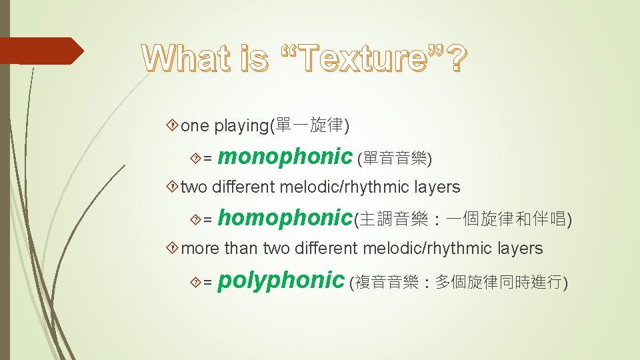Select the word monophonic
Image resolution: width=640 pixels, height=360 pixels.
[285, 157]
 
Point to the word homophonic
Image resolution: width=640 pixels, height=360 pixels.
[285, 218]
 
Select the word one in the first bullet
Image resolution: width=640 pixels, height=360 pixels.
[195, 126]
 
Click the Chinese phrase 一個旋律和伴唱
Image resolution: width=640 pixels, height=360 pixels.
[506, 219]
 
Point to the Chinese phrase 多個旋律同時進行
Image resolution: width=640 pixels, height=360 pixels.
[498, 283]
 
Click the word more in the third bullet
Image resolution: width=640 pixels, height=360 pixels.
[201, 249]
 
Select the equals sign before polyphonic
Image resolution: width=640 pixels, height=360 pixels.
[207, 283]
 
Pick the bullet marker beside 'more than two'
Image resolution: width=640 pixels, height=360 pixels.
[174, 249]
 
